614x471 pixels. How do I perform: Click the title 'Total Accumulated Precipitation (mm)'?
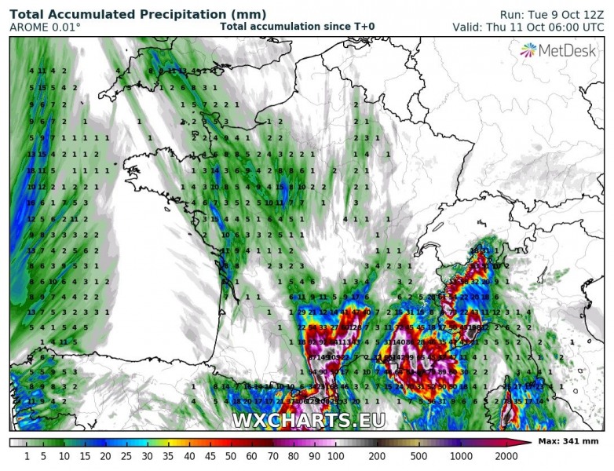pos(137,14)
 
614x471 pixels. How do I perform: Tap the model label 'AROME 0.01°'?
pos(45,27)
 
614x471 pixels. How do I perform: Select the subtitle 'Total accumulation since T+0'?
pos(297,27)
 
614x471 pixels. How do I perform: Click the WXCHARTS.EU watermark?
pos(308,420)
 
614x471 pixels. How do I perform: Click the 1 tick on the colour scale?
pos(26,456)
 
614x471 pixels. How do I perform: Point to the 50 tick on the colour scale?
pos(230,456)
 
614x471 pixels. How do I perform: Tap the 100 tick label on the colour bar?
pos(335,456)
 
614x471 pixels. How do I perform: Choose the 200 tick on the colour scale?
pos(377,456)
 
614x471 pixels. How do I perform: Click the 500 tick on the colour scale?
pos(418,456)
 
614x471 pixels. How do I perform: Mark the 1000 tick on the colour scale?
pos(462,456)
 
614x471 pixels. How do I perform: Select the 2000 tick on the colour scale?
pos(505,456)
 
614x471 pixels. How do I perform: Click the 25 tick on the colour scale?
pos(126,456)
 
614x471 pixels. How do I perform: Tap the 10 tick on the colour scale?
pos(64,456)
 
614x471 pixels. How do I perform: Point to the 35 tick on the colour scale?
pos(167,456)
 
